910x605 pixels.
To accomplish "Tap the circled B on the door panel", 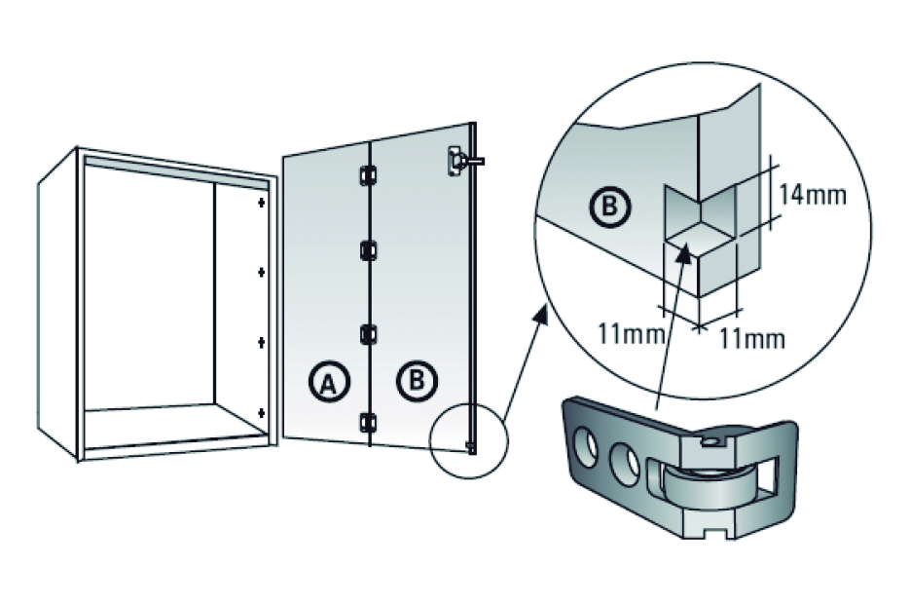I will point(416,381).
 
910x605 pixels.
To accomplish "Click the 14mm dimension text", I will point(813,194).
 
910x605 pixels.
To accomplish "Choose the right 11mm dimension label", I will point(751,339).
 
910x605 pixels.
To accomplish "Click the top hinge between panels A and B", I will point(368,174).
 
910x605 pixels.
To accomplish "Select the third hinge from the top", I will point(368,333).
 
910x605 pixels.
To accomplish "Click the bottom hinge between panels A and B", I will point(368,422).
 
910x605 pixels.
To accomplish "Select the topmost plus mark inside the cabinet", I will point(261,204).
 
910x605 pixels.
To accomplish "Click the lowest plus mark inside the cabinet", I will point(261,414).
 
